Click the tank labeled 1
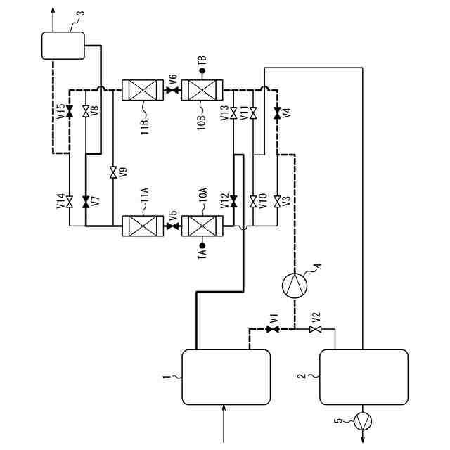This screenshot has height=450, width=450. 226,378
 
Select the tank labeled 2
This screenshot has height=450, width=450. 364,378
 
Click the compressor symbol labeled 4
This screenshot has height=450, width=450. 295,285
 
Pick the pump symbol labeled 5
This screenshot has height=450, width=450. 364,420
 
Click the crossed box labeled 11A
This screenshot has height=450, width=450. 143,226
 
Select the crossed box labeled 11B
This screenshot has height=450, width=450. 143,91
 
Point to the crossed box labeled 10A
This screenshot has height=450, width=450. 202,226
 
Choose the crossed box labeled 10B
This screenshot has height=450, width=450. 202,91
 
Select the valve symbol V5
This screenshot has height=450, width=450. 172,226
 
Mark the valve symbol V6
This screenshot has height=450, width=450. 172,91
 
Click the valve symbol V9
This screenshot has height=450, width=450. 112,172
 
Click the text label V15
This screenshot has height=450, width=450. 61,112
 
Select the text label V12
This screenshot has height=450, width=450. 224,202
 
